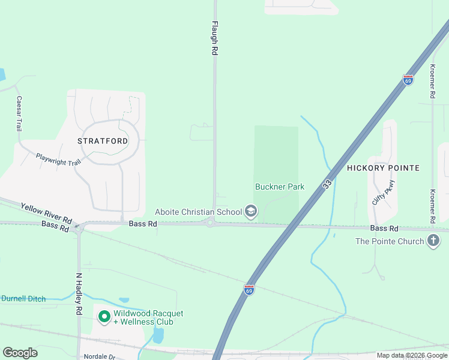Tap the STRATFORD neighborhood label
pyautogui.click(x=103, y=141)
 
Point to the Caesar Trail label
pyautogui.click(x=19, y=113)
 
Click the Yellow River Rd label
pyautogui.click(x=46, y=212)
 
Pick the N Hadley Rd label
pyautogui.click(x=78, y=295)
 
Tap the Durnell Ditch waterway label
pyautogui.click(x=23, y=299)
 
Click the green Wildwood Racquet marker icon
pyautogui.click(x=104, y=316)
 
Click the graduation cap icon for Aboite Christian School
pyautogui.click(x=251, y=211)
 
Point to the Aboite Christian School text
pyautogui.click(x=198, y=211)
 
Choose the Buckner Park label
pyautogui.click(x=280, y=187)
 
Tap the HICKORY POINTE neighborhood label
pyautogui.click(x=383, y=168)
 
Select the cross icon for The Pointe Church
pyautogui.click(x=433, y=242)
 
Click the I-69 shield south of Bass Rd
pyautogui.click(x=249, y=290)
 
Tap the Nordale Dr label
pyautogui.click(x=99, y=356)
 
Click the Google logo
pyautogui.click(x=20, y=353)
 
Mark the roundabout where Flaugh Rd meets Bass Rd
pyautogui.click(x=210, y=223)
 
